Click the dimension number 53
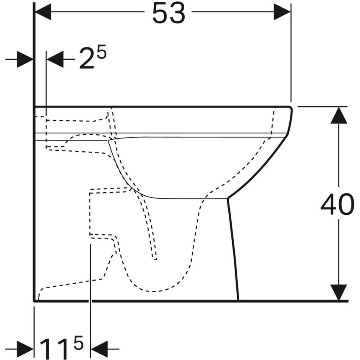169,14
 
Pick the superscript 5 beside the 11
79,341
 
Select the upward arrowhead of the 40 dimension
338,116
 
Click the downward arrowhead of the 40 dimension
338,292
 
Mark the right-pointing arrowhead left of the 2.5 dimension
25,60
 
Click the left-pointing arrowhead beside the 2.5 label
54,60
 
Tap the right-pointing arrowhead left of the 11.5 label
25,349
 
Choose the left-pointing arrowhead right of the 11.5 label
99,349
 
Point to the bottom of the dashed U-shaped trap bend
155,291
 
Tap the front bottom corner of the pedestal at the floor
238,299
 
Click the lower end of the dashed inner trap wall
155,258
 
